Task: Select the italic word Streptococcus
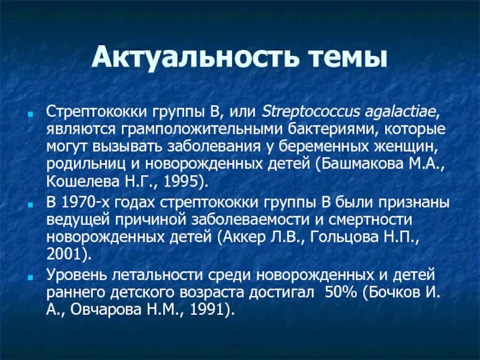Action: pyautogui.click(x=302, y=113)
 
